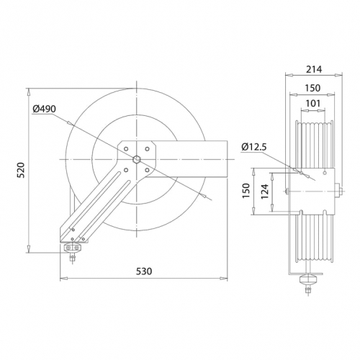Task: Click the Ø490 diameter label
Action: pos(44,109)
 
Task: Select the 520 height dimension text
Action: pos(22,170)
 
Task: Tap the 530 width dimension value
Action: pos(144,271)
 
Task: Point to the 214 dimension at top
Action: pos(314,69)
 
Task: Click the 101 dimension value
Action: pos(313,104)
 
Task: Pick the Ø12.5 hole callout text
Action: pos(254,147)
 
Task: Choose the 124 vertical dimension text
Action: pos(265,192)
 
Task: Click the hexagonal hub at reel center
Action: pos(137,159)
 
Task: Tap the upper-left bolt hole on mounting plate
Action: pos(126,149)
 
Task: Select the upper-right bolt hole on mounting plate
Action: pos(147,149)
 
